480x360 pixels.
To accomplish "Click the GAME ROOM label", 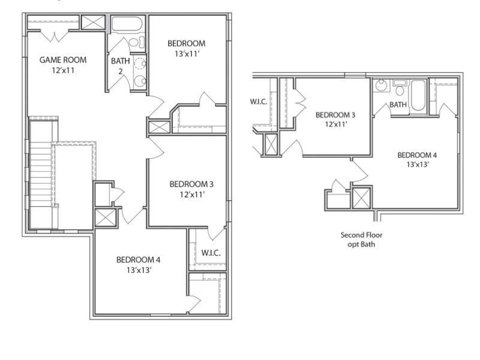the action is (63, 60).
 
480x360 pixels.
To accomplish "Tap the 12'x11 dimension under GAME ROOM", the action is (63, 70).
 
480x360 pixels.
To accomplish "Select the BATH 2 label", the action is (121, 66).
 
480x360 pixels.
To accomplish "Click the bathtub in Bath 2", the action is (127, 24).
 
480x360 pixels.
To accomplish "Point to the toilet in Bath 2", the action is (137, 42).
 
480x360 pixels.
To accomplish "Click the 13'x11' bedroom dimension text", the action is (187, 54).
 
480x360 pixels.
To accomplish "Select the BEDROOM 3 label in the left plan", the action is (191, 184).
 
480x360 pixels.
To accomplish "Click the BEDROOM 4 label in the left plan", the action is (138, 260).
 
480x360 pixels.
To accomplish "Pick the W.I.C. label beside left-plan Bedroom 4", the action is (211, 253).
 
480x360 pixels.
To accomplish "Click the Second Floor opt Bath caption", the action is (362, 239).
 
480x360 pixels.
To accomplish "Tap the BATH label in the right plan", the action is (398, 104).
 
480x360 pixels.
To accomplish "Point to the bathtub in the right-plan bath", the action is (418, 95).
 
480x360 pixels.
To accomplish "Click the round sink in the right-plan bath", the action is (381, 85).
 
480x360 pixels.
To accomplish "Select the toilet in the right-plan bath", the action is (400, 88).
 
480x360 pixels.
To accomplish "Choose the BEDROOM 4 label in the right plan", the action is (417, 155).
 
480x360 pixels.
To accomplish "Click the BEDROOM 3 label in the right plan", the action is (335, 115).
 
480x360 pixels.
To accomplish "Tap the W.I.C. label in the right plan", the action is (259, 101).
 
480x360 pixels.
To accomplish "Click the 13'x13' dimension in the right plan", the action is (417, 164).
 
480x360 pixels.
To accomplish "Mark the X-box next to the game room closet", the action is (93, 22).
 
